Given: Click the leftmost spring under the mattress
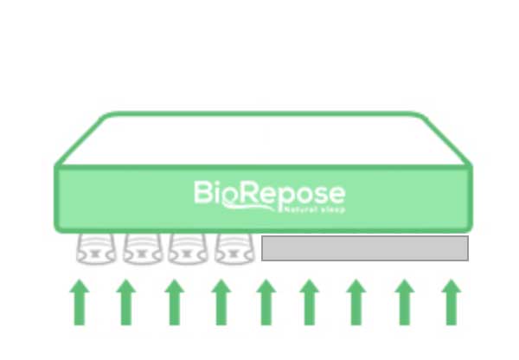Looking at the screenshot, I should [x=96, y=248].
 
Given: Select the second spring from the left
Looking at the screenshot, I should [x=143, y=248].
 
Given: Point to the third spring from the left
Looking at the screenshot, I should [x=188, y=248].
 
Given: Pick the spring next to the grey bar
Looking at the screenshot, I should [x=234, y=248].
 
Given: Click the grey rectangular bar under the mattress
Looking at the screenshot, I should [x=364, y=248].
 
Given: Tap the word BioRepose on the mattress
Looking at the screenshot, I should [x=268, y=193].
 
